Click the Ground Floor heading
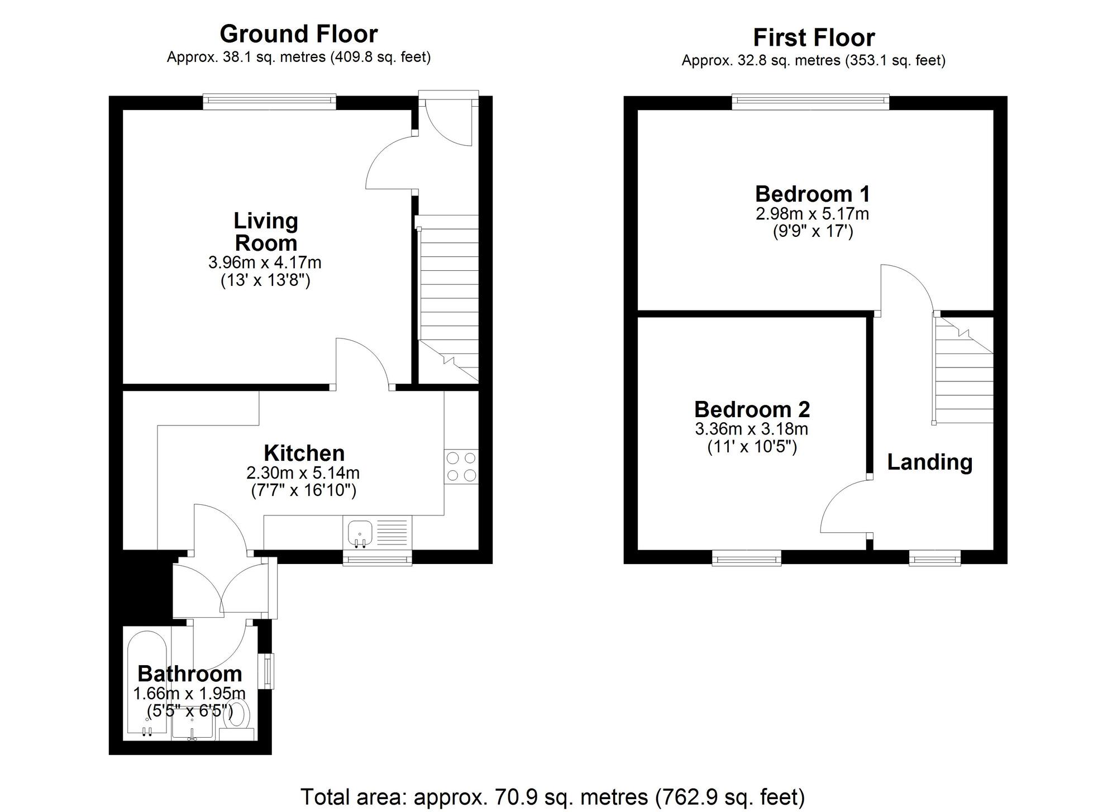(x=299, y=34)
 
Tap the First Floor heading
(x=814, y=37)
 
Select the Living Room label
(x=266, y=232)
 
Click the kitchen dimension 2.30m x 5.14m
(x=303, y=473)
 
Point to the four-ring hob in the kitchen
(x=461, y=467)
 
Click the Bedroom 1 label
(x=812, y=194)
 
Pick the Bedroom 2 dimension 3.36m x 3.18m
(x=751, y=429)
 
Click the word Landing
(x=929, y=462)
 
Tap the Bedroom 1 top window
(x=810, y=101)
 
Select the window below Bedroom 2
(x=746, y=557)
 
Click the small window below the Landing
(x=934, y=557)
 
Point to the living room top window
(x=269, y=101)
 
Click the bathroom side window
(x=270, y=670)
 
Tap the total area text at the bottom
(x=552, y=796)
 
